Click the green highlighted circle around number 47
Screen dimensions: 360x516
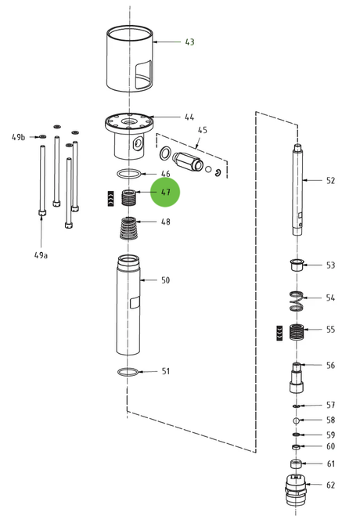[x=165, y=192]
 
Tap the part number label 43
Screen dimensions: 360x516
[x=189, y=42]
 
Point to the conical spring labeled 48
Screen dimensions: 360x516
[x=128, y=228]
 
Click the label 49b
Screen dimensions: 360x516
[x=19, y=137]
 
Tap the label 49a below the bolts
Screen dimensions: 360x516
[x=41, y=255]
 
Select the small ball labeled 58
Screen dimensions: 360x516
[x=296, y=420]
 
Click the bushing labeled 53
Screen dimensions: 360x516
[x=297, y=265]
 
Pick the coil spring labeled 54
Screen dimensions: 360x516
[x=297, y=301]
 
